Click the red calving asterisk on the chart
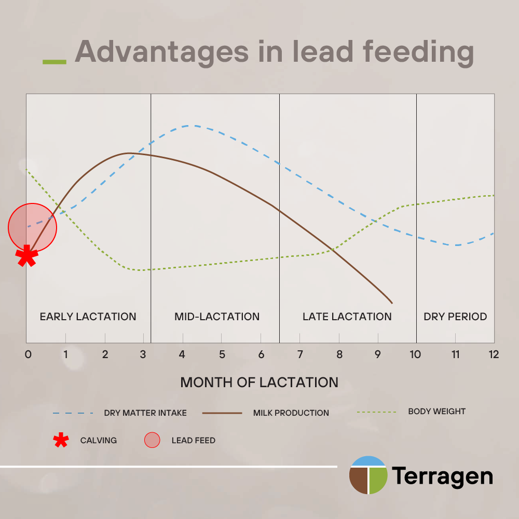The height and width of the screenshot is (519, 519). coord(26,255)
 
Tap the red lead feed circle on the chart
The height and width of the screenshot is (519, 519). coord(32,227)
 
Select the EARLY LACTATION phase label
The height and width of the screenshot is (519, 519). coord(88,317)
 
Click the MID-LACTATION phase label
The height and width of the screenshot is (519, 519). coord(217,317)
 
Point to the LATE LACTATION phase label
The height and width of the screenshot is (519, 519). coord(347,317)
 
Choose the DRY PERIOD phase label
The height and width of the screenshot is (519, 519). coord(455,317)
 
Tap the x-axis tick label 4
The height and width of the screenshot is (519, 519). coord(182,354)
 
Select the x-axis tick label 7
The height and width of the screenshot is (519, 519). coord(300,354)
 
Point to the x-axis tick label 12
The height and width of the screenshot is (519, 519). coord(493,354)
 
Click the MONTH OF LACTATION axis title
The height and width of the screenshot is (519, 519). coord(259,383)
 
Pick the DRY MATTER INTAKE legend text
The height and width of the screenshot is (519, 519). coord(145,413)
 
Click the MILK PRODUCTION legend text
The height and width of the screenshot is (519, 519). coord(291,413)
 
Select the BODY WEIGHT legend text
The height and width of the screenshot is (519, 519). coord(437,412)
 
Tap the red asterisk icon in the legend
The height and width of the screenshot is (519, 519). coord(61,440)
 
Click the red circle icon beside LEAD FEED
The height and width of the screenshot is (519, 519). coord(152,440)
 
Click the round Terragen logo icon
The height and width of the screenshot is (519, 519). coord(368,475)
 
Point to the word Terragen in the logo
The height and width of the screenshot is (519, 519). coord(442,476)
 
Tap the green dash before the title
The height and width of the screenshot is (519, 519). coord(54,62)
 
